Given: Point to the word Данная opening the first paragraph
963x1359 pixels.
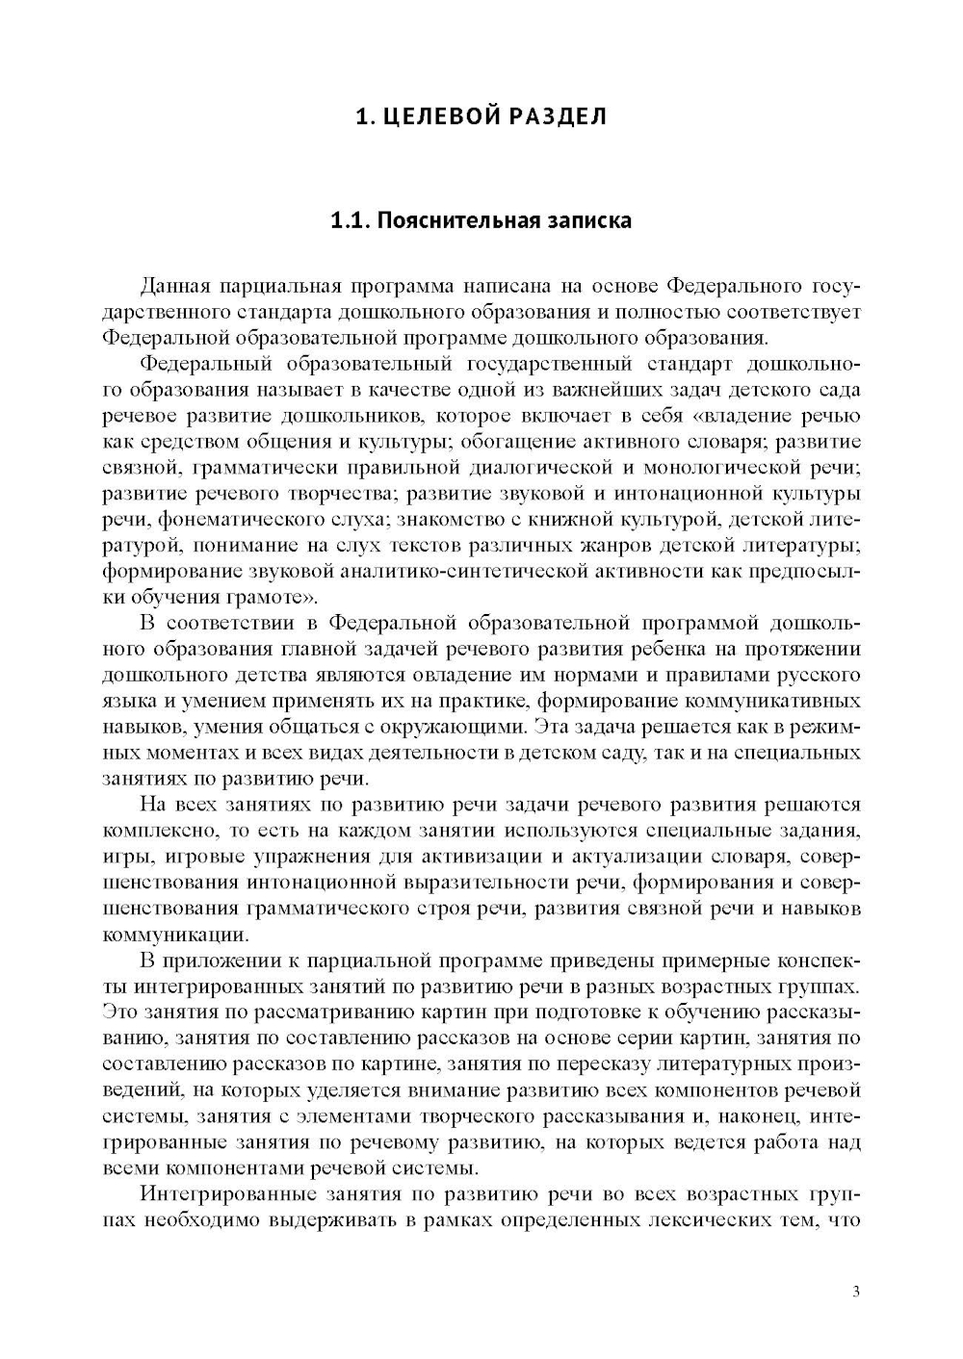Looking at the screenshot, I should tap(173, 286).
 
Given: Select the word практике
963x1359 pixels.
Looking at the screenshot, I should tap(479, 701).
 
